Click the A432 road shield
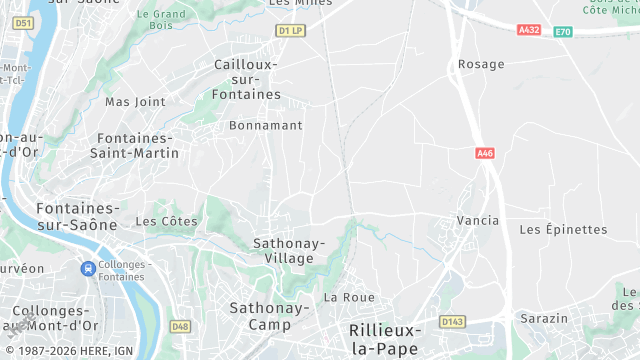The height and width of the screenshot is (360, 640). click(529, 30)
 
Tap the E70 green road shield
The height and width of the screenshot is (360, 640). click(563, 31)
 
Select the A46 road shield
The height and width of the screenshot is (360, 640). click(485, 153)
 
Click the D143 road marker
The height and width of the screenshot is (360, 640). click(453, 322)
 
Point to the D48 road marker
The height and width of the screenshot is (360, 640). click(180, 326)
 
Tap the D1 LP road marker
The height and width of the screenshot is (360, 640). click(290, 31)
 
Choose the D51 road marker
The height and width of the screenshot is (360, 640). click(25, 22)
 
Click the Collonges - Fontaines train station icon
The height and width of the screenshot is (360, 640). click(88, 268)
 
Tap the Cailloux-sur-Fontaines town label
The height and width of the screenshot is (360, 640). click(247, 79)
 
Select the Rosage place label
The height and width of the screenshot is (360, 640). click(481, 64)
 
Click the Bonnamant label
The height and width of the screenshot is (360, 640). click(265, 126)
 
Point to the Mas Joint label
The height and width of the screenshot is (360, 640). click(135, 102)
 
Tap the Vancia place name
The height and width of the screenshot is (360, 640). click(477, 220)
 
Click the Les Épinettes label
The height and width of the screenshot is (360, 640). click(563, 229)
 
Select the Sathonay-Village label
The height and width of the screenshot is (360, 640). click(289, 250)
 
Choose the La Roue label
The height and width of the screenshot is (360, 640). click(349, 297)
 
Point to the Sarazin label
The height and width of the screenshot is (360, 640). click(544, 318)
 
